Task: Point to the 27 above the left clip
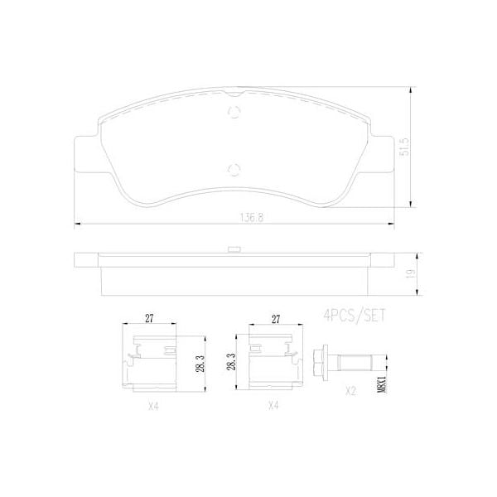point(149,317)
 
